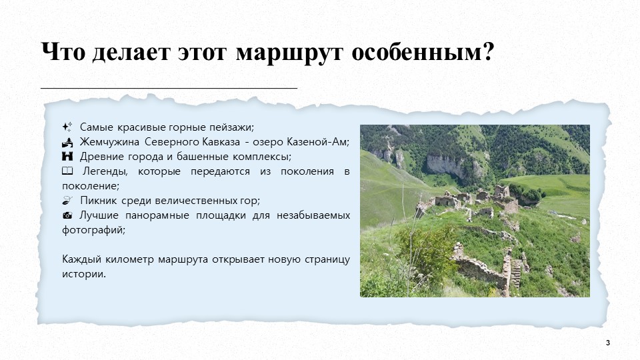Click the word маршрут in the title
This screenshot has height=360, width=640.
[x=289, y=52]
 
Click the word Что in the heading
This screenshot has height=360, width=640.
[x=63, y=51]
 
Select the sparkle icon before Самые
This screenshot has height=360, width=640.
[x=67, y=127]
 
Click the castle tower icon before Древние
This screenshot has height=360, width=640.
[x=67, y=156]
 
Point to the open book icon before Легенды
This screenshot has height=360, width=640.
[x=67, y=171]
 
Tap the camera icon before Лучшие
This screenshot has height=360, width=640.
[x=67, y=215]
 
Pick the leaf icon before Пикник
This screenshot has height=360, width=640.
[x=67, y=200]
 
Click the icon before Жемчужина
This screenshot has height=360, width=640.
[x=67, y=142]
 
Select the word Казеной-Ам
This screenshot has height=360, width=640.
[x=317, y=142]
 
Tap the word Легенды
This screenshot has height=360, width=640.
[x=105, y=171]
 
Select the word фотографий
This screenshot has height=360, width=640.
[x=93, y=230]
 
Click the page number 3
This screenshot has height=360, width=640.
[x=608, y=343]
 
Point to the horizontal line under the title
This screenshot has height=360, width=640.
[x=169, y=88]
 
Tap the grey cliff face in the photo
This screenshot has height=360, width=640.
[x=446, y=165]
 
